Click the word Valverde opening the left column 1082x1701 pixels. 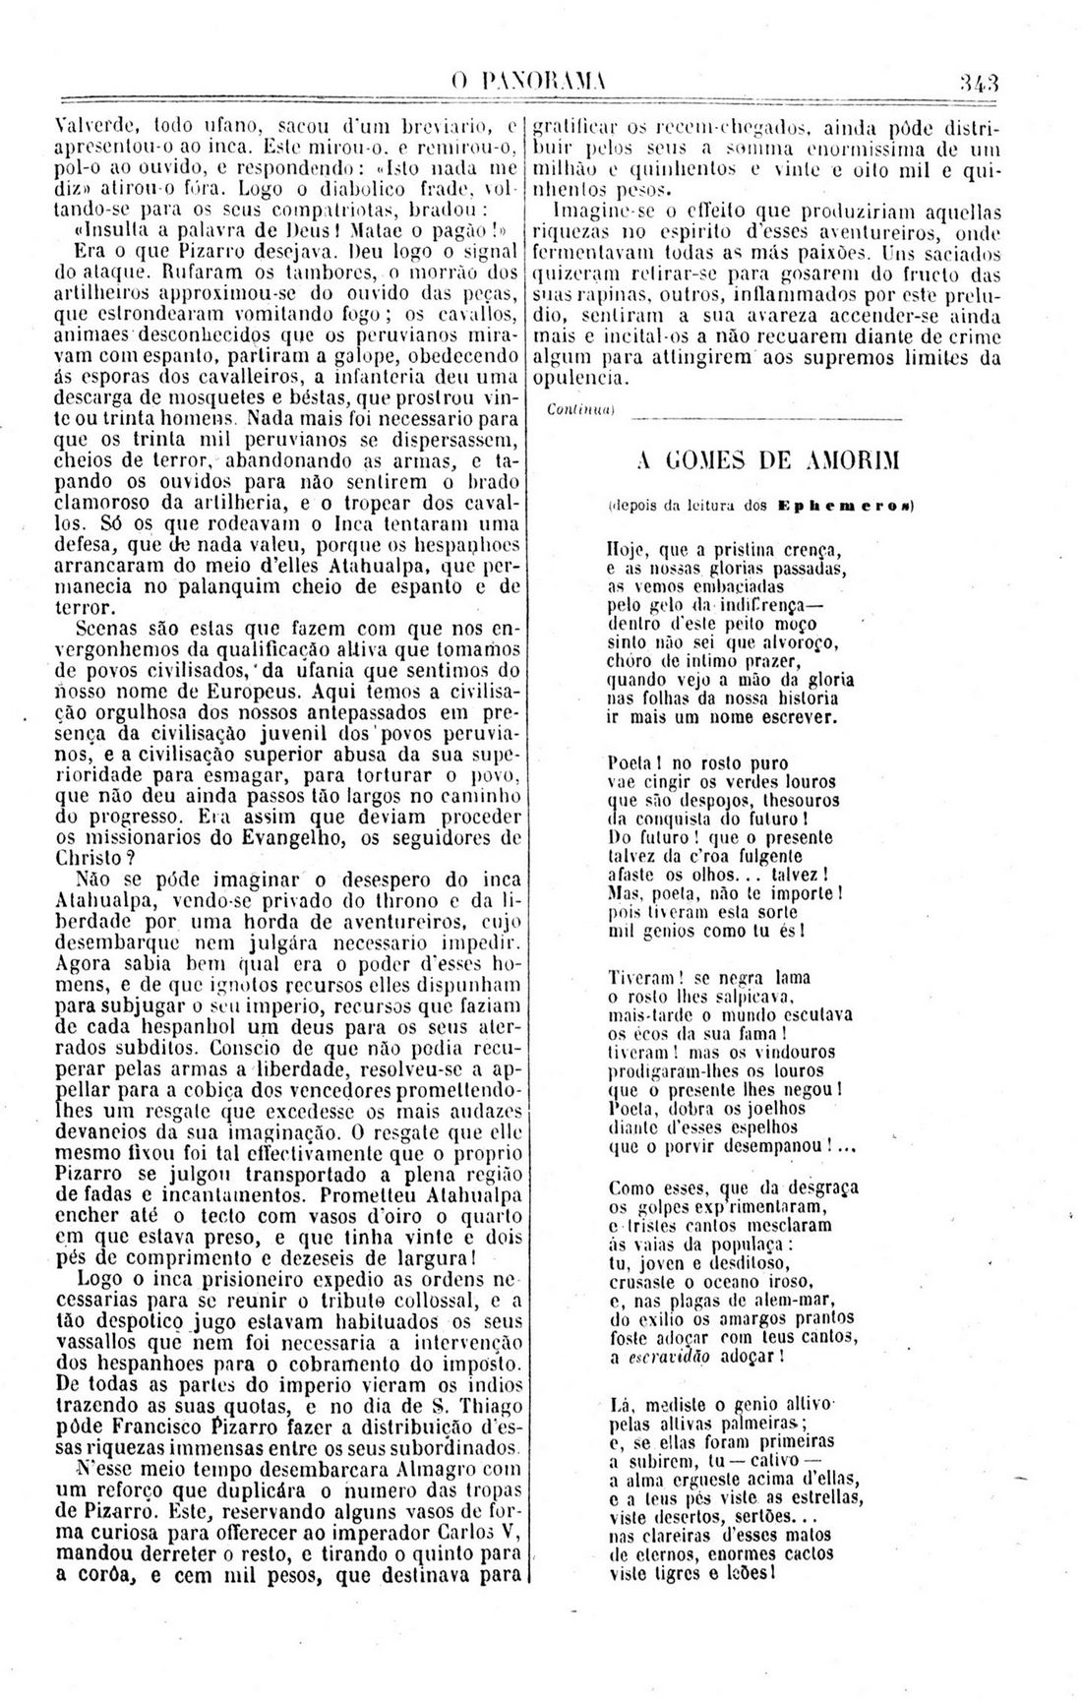pyautogui.click(x=91, y=126)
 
